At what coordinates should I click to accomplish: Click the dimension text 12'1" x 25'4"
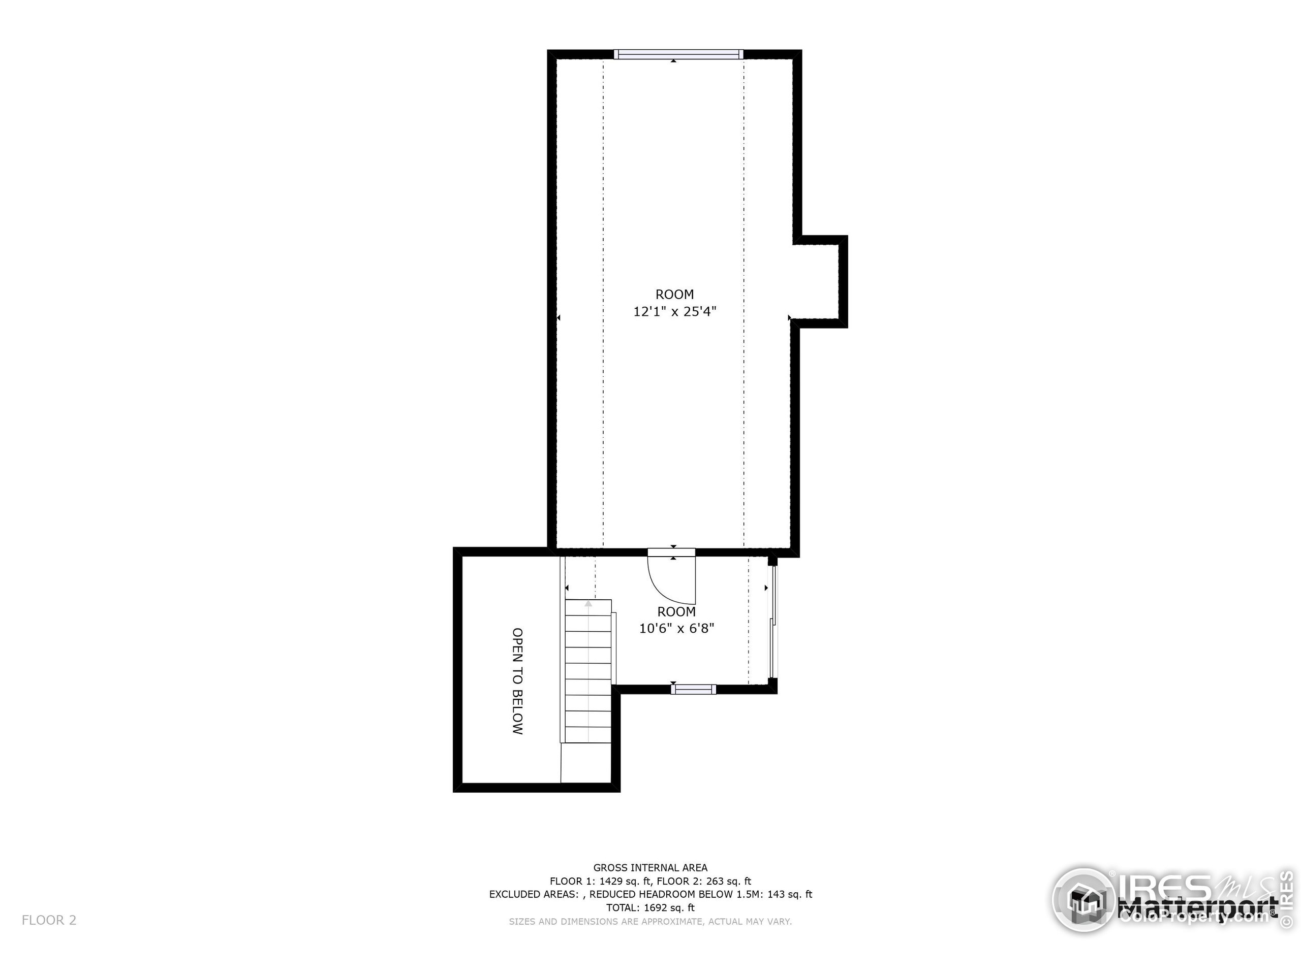pos(674,311)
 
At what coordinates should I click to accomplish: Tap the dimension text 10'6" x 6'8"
pos(676,628)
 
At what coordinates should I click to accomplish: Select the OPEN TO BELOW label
pos(517,681)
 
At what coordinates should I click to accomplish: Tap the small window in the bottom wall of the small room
pos(693,690)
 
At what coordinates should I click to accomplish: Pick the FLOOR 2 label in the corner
pos(49,920)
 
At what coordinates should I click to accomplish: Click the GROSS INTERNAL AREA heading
pos(650,867)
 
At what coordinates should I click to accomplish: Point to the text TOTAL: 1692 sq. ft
pos(650,907)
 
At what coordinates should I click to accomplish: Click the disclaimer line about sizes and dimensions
pos(650,922)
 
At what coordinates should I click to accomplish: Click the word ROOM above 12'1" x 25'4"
pos(674,295)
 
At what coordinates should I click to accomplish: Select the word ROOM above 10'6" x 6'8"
pos(676,611)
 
